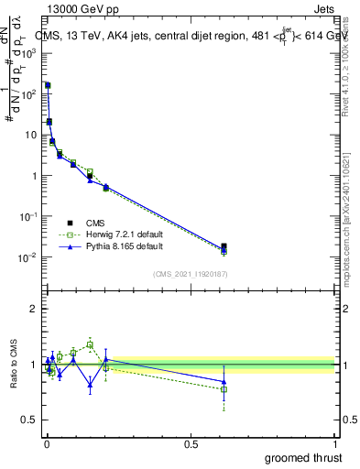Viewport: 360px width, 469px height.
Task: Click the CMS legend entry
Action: (95, 223)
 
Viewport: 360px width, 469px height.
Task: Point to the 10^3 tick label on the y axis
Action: (29, 52)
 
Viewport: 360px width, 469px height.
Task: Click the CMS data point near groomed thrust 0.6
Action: (224, 246)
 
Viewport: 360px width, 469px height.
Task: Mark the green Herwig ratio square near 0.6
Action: (224, 389)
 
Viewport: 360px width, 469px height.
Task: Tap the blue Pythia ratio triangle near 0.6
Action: (224, 382)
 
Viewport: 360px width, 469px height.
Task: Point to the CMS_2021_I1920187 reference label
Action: (191, 274)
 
